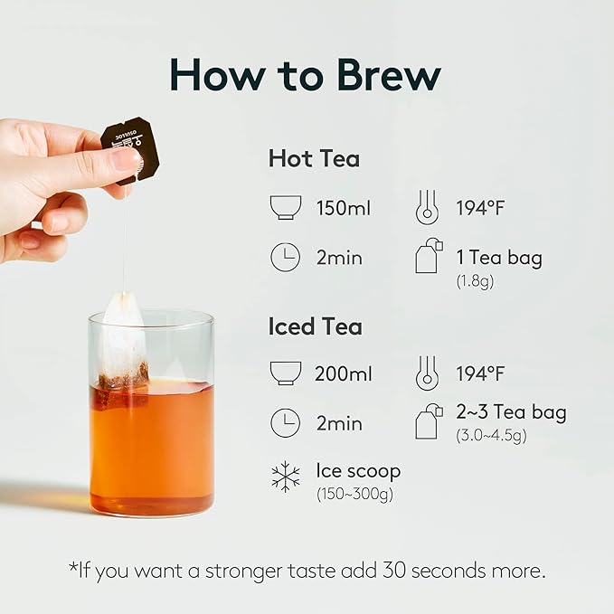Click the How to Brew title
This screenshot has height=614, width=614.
tap(307, 75)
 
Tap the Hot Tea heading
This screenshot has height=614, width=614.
tap(314, 159)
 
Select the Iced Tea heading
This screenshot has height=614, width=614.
tap(316, 326)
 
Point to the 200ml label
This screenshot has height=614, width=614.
tap(343, 373)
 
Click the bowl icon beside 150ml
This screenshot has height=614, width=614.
tap(285, 208)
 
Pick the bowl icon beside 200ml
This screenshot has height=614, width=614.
tap(285, 373)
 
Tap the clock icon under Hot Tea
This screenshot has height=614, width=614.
tap(285, 258)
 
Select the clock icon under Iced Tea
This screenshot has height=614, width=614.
tap(285, 422)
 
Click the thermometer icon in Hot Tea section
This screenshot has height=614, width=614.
tap(427, 208)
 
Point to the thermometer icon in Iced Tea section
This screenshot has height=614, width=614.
tap(427, 373)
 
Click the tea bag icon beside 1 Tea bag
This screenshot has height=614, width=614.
tap(429, 257)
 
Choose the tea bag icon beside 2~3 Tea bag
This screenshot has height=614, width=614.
tap(429, 421)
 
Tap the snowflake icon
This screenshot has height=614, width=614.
tap(286, 477)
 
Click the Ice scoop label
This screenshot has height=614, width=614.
tap(358, 470)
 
